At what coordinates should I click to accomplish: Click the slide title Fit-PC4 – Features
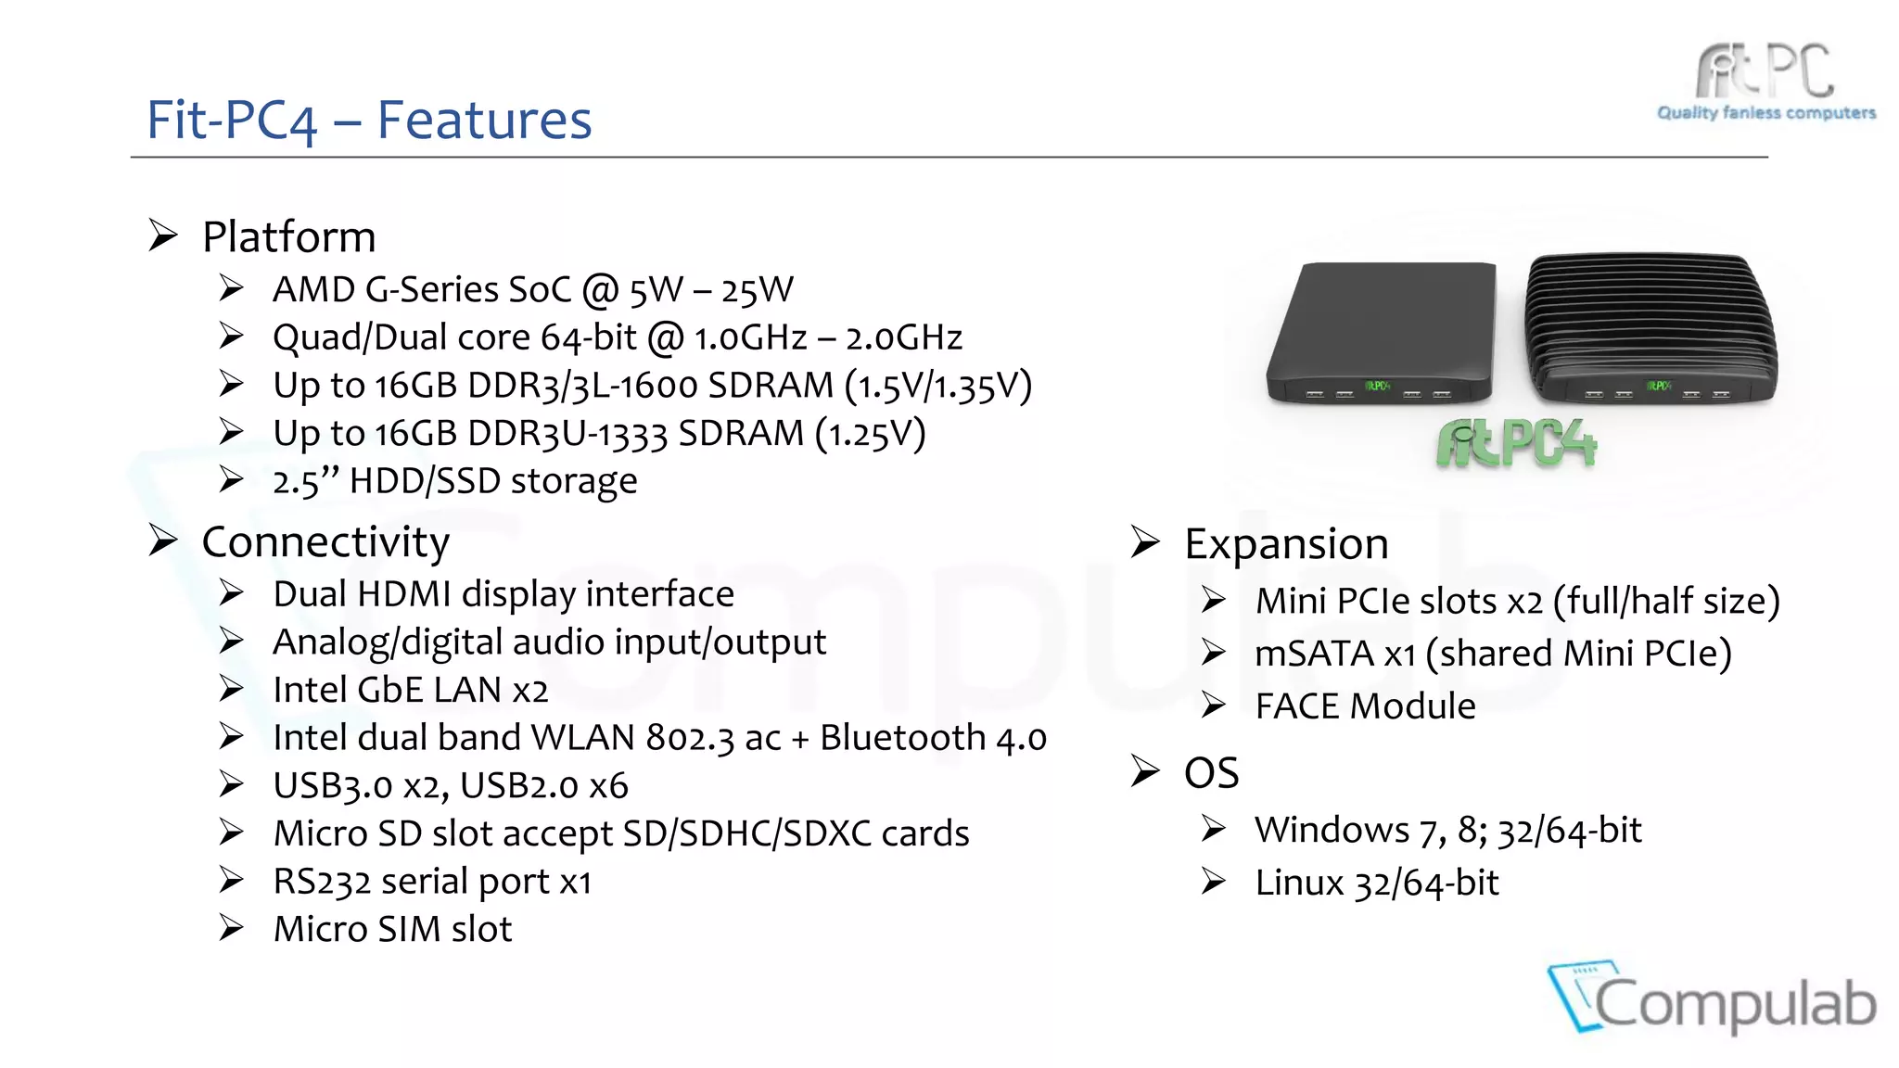(369, 121)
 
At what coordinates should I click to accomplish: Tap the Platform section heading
(288, 237)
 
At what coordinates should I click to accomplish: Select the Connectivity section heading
(325, 542)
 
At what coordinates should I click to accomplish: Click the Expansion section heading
(1286, 544)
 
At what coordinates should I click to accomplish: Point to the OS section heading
(1211, 773)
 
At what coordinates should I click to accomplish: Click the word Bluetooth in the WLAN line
(902, 738)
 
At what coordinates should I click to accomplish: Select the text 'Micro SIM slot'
(392, 929)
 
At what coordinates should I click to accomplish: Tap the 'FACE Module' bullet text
(1365, 706)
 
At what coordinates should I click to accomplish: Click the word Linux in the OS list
(1299, 883)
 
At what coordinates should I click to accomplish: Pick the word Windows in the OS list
(1332, 830)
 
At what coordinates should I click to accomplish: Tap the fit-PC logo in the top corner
(1765, 71)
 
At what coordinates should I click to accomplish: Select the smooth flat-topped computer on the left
(1381, 333)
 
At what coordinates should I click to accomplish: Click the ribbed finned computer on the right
(1651, 329)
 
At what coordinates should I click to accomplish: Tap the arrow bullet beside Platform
(163, 235)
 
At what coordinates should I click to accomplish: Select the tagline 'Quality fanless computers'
(1765, 113)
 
